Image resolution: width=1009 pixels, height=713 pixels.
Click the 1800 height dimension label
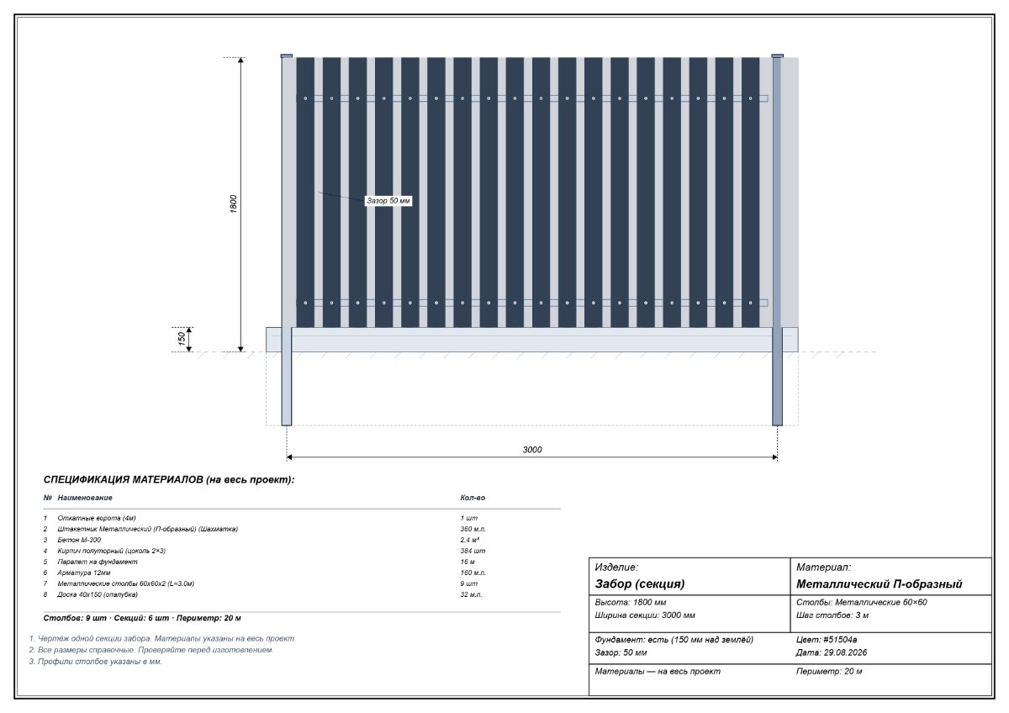coord(234,204)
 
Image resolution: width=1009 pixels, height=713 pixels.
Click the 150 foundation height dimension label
coord(182,339)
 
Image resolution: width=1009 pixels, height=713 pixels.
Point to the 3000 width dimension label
coord(532,450)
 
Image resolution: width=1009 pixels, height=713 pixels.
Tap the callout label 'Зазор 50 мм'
coord(388,200)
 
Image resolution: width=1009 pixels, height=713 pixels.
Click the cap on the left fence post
coord(287,55)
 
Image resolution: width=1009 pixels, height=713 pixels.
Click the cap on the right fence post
coord(778,55)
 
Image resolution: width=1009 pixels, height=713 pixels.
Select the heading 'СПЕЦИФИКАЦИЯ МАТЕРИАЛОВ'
coord(123,480)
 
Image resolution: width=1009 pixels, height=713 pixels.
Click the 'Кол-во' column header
coord(473,498)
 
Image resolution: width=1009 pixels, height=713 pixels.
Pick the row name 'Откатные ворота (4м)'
coord(97,518)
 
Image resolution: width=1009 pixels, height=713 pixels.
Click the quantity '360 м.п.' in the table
coord(473,529)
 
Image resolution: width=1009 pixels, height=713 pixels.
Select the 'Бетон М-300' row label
coord(79,540)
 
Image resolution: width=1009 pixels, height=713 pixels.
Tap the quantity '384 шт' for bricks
coord(473,551)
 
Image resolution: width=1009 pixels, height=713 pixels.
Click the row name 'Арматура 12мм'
coord(84,573)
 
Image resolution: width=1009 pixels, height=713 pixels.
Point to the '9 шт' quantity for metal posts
coord(469,584)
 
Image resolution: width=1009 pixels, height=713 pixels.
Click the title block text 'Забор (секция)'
coord(640,584)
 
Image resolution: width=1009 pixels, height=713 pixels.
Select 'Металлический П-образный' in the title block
coord(879,584)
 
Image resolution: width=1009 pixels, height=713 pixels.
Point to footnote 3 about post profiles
coord(96,662)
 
